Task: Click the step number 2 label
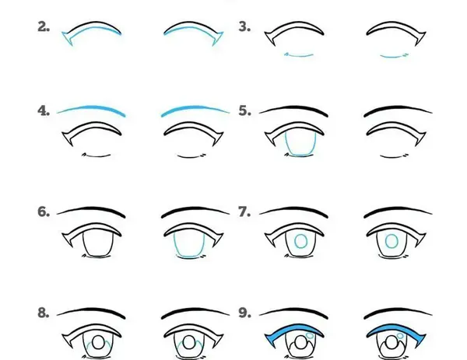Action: pos(44,26)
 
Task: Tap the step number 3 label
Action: pos(244,26)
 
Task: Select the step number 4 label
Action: pos(44,110)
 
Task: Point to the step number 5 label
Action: pos(244,110)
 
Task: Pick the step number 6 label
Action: pos(44,211)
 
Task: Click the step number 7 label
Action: pos(244,211)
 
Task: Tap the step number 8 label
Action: pos(44,313)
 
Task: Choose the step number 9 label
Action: pos(244,313)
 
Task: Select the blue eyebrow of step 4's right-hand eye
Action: pos(194,108)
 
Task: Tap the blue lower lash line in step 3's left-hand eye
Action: pos(299,55)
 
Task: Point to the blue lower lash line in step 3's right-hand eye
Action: pos(394,56)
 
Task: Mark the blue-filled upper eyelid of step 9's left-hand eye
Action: pos(295,327)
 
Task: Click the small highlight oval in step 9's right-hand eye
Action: pos(400,336)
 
